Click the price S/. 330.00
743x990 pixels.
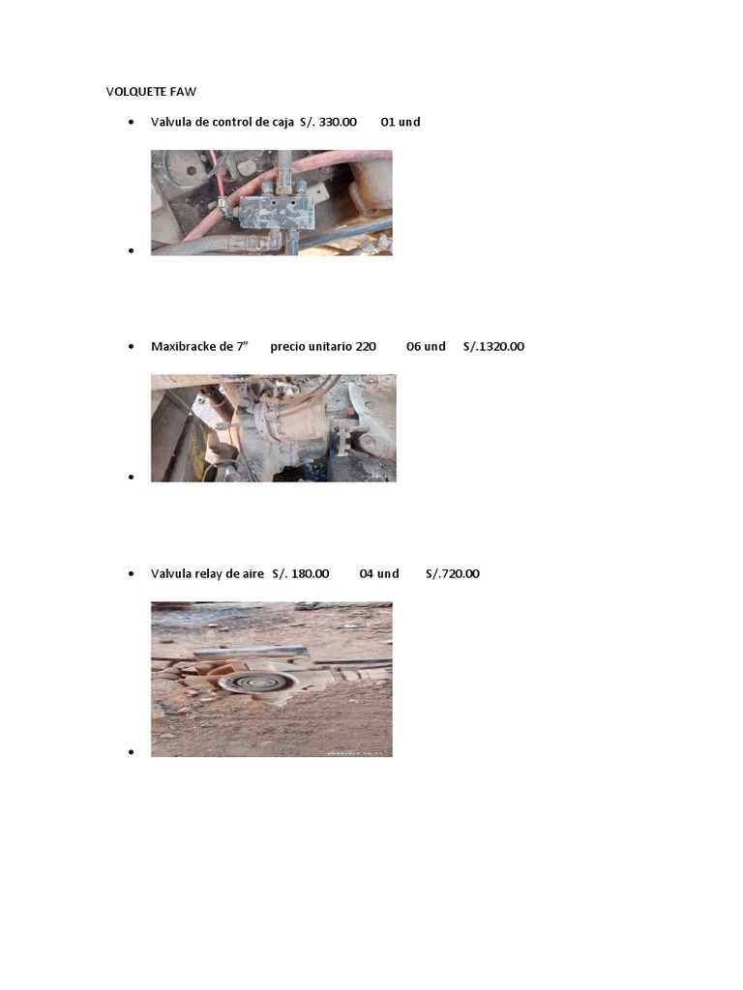coord(328,122)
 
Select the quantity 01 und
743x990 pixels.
coord(401,122)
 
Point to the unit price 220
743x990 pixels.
coord(365,346)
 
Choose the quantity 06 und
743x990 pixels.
coord(426,346)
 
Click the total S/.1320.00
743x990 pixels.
coord(493,346)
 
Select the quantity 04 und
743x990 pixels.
coord(379,573)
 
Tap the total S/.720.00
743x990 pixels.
coord(452,573)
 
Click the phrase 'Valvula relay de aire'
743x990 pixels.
coord(207,573)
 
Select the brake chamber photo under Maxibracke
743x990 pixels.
coord(273,427)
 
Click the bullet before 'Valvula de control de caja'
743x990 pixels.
coord(131,123)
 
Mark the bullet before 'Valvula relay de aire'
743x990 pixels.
coord(131,574)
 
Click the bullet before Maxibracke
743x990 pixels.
coord(131,347)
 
